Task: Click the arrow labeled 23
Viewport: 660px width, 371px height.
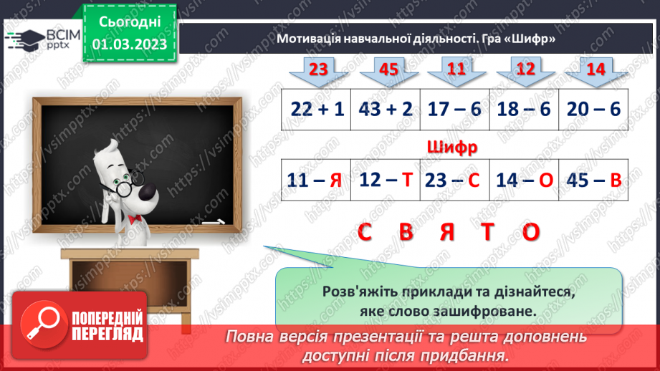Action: click(318, 70)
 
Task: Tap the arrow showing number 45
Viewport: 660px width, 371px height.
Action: click(388, 70)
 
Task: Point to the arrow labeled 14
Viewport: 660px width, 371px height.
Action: click(595, 70)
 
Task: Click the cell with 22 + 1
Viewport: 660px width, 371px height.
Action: click(318, 110)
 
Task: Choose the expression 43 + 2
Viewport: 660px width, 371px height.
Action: click(386, 110)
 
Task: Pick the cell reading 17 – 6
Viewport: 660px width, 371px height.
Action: click(455, 110)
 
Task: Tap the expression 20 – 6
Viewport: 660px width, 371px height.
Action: click(593, 110)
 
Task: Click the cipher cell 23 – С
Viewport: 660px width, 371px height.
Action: click(455, 180)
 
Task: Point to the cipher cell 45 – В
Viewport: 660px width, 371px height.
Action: click(593, 180)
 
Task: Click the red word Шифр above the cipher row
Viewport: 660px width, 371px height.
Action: click(451, 148)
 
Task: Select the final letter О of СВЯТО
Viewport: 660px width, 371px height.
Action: click(530, 232)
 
